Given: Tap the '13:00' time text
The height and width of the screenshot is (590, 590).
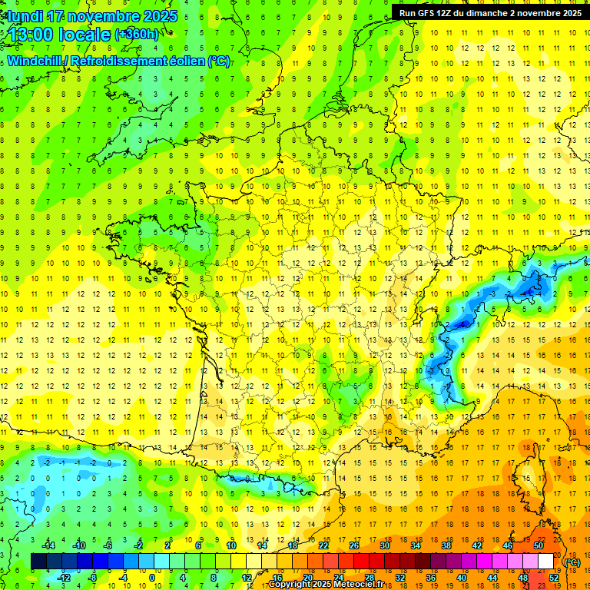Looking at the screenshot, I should (x=31, y=35).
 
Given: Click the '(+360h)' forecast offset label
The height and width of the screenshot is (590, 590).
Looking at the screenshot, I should (x=137, y=35).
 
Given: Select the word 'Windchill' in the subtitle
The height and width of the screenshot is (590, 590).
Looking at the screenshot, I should (x=38, y=61).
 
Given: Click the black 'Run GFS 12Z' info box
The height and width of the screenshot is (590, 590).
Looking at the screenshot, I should (x=489, y=12).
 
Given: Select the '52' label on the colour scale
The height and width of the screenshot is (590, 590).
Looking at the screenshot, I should (x=554, y=577).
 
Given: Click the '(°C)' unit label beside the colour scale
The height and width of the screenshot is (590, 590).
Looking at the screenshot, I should (x=572, y=562).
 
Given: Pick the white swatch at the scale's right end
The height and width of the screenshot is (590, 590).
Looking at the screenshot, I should (x=545, y=562).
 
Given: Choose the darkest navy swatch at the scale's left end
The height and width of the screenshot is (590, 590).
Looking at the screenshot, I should (x=38, y=562).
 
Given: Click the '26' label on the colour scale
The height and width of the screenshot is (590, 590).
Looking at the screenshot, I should (x=354, y=545).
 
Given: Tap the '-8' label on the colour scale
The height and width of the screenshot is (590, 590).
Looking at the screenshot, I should (x=92, y=577).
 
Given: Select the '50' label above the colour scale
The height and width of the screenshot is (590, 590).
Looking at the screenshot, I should (x=539, y=545).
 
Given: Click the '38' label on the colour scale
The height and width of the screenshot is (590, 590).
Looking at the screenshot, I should (x=446, y=545).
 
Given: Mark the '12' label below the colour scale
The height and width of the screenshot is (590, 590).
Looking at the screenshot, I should (x=246, y=577).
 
